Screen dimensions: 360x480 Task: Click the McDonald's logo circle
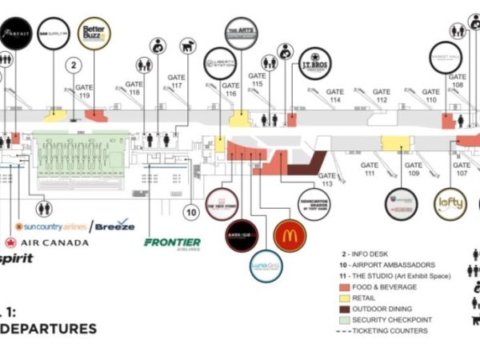click(290, 235)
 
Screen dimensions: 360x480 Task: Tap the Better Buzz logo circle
click(94, 34)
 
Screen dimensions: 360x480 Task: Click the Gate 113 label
click(326, 179)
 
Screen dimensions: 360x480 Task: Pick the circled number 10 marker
click(190, 212)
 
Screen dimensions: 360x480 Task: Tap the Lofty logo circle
click(450, 203)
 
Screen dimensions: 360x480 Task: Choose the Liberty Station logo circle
click(218, 63)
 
